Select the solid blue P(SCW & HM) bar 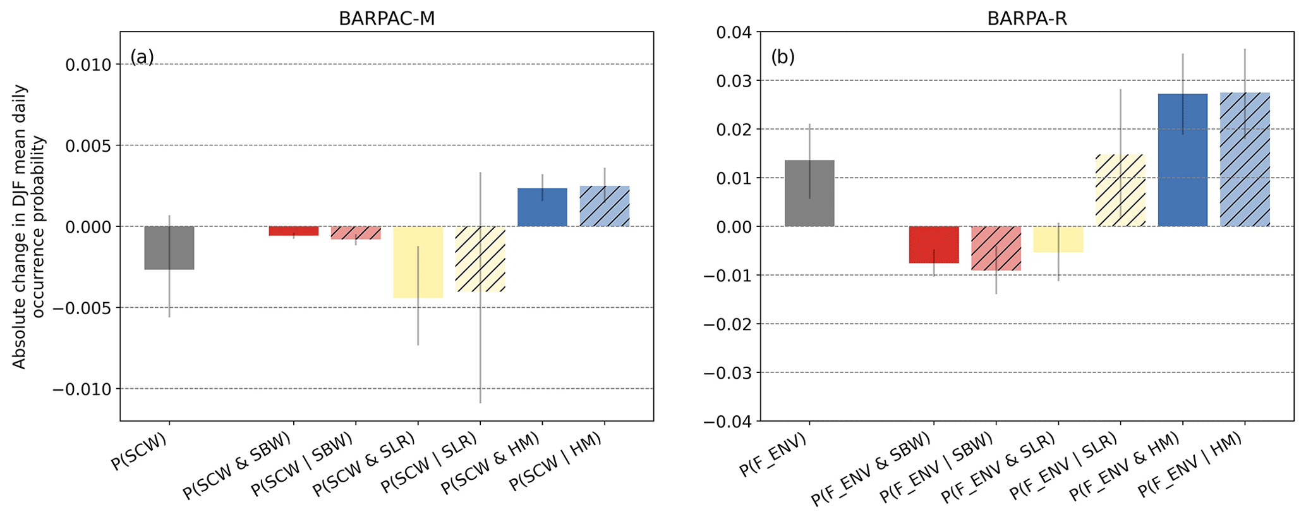(x=542, y=207)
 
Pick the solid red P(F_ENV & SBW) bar (x=934, y=245)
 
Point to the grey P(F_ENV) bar (x=809, y=193)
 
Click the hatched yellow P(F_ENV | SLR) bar (x=1120, y=190)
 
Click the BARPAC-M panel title (x=387, y=18)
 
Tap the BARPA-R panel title (x=1027, y=18)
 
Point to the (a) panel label (x=142, y=57)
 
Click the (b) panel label (x=783, y=57)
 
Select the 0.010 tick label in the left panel (x=88, y=65)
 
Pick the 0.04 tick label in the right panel (x=734, y=32)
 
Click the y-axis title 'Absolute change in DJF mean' (x=19, y=226)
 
